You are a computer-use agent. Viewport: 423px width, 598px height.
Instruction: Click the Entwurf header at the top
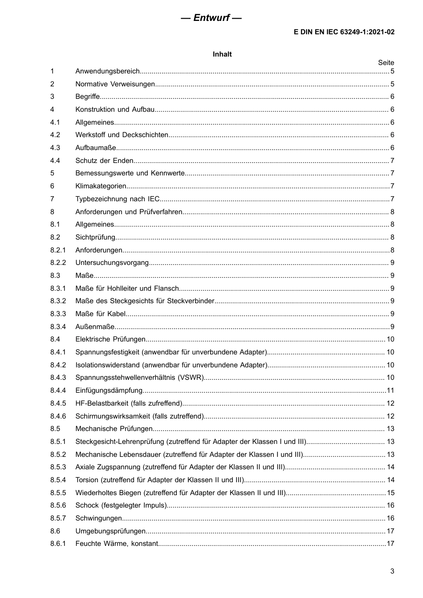(x=211, y=18)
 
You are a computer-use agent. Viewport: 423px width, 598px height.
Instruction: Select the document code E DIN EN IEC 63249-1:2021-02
(x=344, y=32)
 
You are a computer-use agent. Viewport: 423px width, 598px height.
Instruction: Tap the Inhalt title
(x=222, y=54)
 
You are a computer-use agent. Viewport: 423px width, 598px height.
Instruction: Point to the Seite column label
(x=386, y=63)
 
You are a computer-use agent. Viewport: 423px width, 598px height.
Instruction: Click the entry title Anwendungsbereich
(x=107, y=71)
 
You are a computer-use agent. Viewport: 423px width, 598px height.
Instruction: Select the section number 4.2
(x=55, y=135)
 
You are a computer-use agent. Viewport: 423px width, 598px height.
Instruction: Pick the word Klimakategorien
(x=101, y=186)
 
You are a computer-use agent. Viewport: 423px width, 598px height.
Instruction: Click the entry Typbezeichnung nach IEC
(x=117, y=199)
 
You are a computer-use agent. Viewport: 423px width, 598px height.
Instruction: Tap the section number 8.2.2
(x=58, y=263)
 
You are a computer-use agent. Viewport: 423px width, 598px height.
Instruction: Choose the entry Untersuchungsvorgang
(x=112, y=263)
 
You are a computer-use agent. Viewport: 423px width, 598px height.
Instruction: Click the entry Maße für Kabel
(x=101, y=314)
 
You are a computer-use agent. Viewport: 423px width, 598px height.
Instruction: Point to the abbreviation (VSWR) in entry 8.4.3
(x=191, y=378)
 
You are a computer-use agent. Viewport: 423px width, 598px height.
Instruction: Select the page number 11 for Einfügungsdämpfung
(x=390, y=391)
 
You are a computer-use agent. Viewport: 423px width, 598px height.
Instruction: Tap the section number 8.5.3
(x=58, y=467)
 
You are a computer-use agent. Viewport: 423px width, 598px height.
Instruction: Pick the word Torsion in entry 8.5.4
(x=87, y=480)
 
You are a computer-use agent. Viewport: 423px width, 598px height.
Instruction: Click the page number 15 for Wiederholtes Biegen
(x=390, y=493)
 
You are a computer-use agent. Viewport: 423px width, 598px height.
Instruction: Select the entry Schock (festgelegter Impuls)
(x=121, y=505)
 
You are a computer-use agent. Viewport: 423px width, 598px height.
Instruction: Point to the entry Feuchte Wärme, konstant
(x=117, y=544)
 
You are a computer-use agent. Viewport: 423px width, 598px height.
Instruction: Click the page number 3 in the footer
(x=392, y=571)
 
